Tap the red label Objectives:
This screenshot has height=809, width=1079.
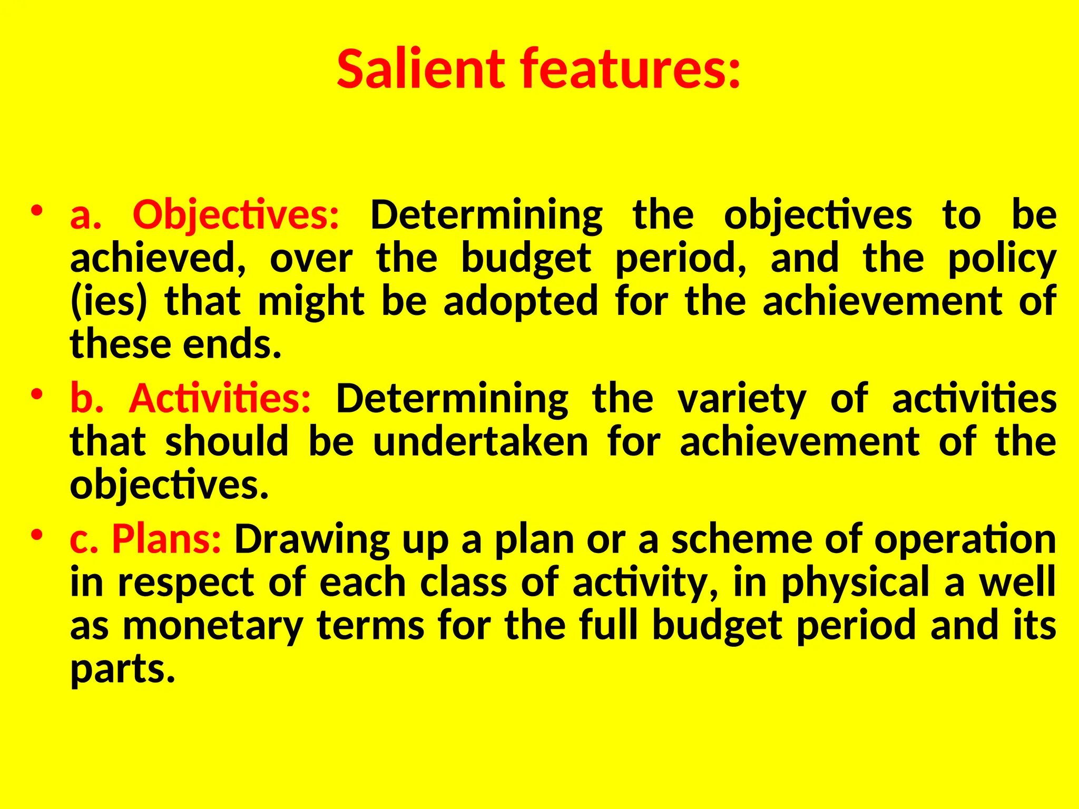pyautogui.click(x=236, y=215)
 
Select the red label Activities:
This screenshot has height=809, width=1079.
pyautogui.click(x=220, y=398)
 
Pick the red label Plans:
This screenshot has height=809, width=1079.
pyautogui.click(x=166, y=539)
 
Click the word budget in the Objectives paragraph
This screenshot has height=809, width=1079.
pyautogui.click(x=526, y=259)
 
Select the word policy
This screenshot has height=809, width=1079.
pyautogui.click(x=1002, y=259)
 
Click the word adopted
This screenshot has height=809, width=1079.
pyautogui.click(x=521, y=302)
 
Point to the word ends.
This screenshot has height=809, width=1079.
pyautogui.click(x=232, y=345)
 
